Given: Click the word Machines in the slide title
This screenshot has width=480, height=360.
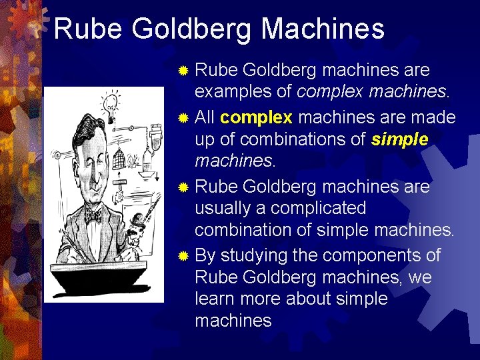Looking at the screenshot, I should pyautogui.click(x=323, y=29).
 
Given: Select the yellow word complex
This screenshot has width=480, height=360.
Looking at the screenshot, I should pyautogui.click(x=256, y=118).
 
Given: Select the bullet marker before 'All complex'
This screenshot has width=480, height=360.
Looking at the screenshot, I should pyautogui.click(x=183, y=118).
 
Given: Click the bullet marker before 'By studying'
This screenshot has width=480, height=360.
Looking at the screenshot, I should pyautogui.click(x=183, y=255).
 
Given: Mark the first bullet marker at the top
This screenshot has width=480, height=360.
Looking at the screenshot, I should pyautogui.click(x=183, y=70).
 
